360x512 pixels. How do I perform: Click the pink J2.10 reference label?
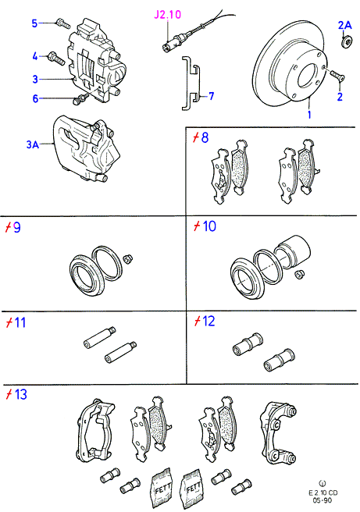(168, 15)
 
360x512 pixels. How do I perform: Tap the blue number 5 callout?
(34, 23)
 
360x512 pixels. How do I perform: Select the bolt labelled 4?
(56, 59)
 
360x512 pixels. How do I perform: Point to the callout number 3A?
(32, 144)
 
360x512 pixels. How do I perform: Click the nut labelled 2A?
(348, 41)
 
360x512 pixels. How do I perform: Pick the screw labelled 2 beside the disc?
(337, 75)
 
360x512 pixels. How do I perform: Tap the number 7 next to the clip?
(212, 96)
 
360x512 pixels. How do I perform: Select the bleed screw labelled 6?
(79, 99)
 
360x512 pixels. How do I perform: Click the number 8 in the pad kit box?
(205, 137)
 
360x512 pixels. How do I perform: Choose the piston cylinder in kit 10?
(292, 251)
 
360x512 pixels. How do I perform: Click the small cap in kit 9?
(127, 258)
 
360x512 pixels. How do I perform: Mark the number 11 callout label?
(20, 322)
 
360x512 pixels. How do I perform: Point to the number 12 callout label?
(209, 322)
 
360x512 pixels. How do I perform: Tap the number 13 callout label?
(20, 394)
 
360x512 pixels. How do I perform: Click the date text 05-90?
(323, 500)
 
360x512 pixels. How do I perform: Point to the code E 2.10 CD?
(323, 492)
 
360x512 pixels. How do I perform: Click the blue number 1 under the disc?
(309, 115)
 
